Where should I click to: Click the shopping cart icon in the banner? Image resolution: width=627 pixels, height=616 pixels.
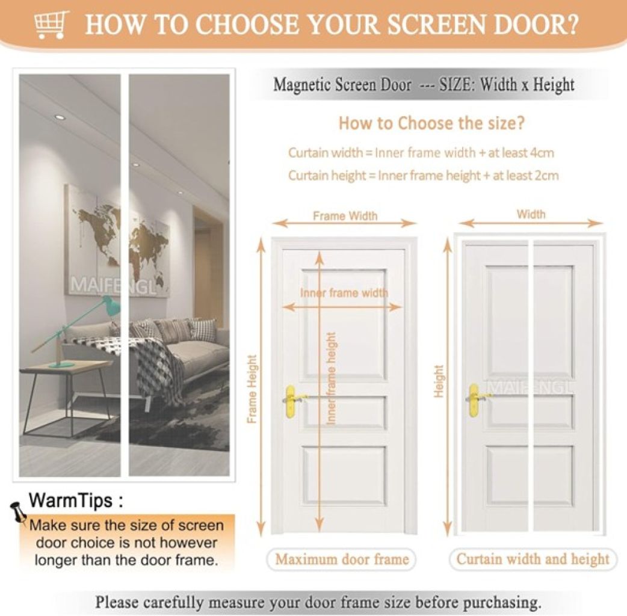click(49, 25)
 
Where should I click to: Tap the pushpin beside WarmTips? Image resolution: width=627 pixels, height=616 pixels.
click(17, 511)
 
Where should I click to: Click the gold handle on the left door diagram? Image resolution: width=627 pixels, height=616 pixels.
click(291, 401)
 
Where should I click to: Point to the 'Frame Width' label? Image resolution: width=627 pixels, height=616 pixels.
click(345, 216)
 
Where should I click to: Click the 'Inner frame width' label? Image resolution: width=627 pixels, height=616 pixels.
click(344, 292)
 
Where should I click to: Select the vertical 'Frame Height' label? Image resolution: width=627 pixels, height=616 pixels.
click(252, 389)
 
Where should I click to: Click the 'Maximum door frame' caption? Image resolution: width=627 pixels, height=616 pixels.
click(342, 559)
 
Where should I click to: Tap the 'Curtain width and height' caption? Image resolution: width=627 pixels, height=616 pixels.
click(533, 559)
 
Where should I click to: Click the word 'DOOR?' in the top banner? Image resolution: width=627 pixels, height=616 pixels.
click(536, 25)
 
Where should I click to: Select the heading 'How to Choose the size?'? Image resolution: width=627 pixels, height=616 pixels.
click(431, 123)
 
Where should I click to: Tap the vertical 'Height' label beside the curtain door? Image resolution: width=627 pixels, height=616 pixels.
click(439, 381)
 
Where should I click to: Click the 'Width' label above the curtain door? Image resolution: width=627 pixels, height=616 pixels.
click(531, 214)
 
